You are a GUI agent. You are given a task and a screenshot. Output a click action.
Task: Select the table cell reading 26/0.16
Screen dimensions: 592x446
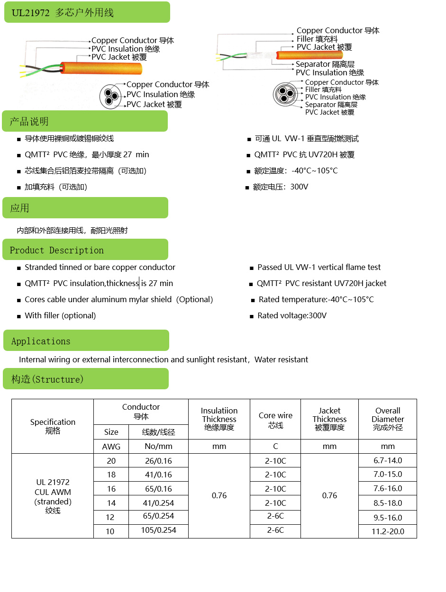pyautogui.click(x=158, y=461)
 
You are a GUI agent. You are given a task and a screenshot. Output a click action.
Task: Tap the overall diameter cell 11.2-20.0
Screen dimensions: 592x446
pyautogui.click(x=388, y=531)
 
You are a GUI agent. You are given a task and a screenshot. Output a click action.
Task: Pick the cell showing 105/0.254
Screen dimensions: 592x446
pyautogui.click(x=158, y=530)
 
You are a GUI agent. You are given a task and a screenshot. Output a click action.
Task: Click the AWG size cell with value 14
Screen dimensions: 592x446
pyautogui.click(x=111, y=503)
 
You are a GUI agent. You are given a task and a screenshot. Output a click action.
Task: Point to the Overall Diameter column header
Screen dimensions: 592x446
pyautogui.click(x=388, y=419)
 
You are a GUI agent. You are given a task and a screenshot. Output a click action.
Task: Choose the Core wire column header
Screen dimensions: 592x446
pyautogui.click(x=275, y=420)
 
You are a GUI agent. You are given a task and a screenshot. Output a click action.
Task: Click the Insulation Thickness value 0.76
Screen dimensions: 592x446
pyautogui.click(x=219, y=495)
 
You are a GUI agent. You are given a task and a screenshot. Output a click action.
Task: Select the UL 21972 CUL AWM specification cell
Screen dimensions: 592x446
pyautogui.click(x=53, y=496)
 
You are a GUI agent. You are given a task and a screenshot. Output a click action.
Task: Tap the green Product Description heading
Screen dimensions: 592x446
pyautogui.click(x=57, y=250)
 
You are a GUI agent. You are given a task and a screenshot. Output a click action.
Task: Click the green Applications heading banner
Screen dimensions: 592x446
pyautogui.click(x=41, y=341)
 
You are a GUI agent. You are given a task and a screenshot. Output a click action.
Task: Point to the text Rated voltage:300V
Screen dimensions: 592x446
pyautogui.click(x=292, y=315)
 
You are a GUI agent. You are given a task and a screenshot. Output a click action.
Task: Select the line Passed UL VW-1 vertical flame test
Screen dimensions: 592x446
pyautogui.click(x=319, y=267)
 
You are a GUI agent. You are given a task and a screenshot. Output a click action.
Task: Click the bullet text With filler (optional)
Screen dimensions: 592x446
pyautogui.click(x=60, y=315)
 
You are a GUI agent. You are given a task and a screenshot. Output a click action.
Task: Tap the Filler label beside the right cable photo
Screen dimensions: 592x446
pyautogui.click(x=317, y=39)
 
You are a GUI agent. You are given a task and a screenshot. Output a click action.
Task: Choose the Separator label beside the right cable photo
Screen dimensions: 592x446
pyautogui.click(x=325, y=64)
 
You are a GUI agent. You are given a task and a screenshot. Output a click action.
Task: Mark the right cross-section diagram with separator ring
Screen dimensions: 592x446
pyautogui.click(x=285, y=94)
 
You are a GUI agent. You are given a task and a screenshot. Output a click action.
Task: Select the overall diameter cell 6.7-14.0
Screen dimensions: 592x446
pyautogui.click(x=388, y=460)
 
